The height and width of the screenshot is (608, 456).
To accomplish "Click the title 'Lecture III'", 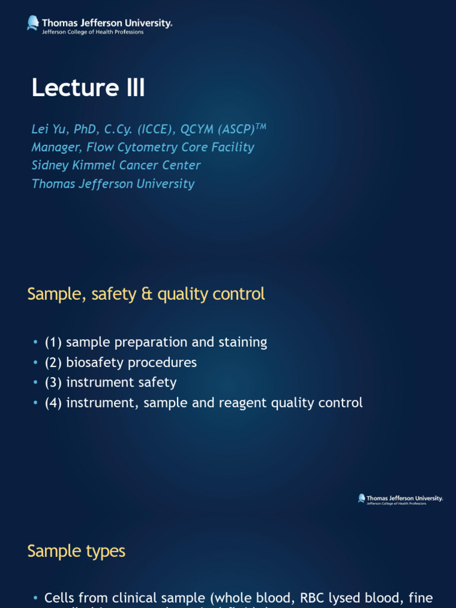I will click(88, 88).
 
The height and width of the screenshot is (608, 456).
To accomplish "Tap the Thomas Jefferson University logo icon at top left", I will click(33, 23).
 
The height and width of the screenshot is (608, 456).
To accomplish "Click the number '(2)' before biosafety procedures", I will click(53, 362).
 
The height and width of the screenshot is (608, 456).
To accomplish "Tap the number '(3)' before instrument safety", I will click(53, 382).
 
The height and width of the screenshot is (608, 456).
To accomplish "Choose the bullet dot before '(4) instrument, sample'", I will click(37, 403).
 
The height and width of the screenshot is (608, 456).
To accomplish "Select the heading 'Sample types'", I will click(76, 551).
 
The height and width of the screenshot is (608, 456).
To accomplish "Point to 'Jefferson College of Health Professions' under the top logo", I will click(92, 32).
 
